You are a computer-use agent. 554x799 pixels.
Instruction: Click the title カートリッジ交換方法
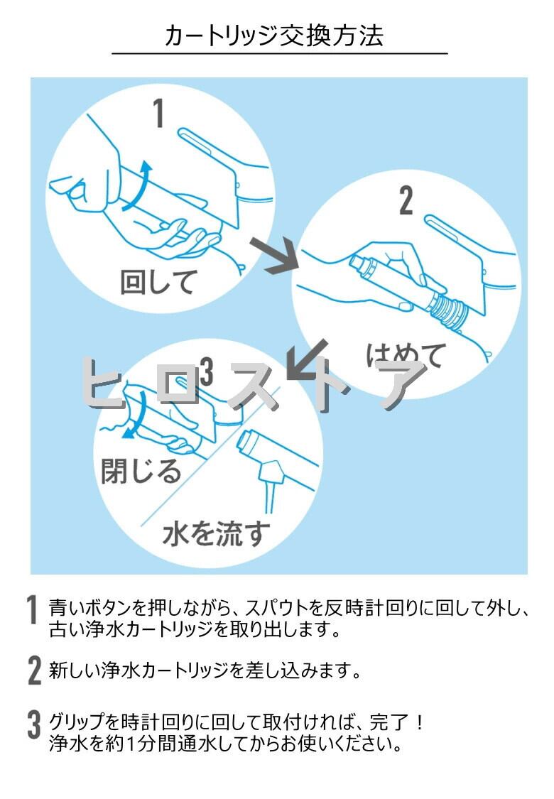(274, 36)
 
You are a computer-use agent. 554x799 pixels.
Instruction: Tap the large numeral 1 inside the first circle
(158, 113)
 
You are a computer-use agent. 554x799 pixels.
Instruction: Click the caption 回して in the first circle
(157, 283)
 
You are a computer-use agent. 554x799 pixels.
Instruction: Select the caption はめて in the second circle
(406, 353)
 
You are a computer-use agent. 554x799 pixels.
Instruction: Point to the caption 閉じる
(141, 470)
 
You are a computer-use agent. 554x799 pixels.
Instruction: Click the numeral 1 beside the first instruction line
(33, 611)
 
